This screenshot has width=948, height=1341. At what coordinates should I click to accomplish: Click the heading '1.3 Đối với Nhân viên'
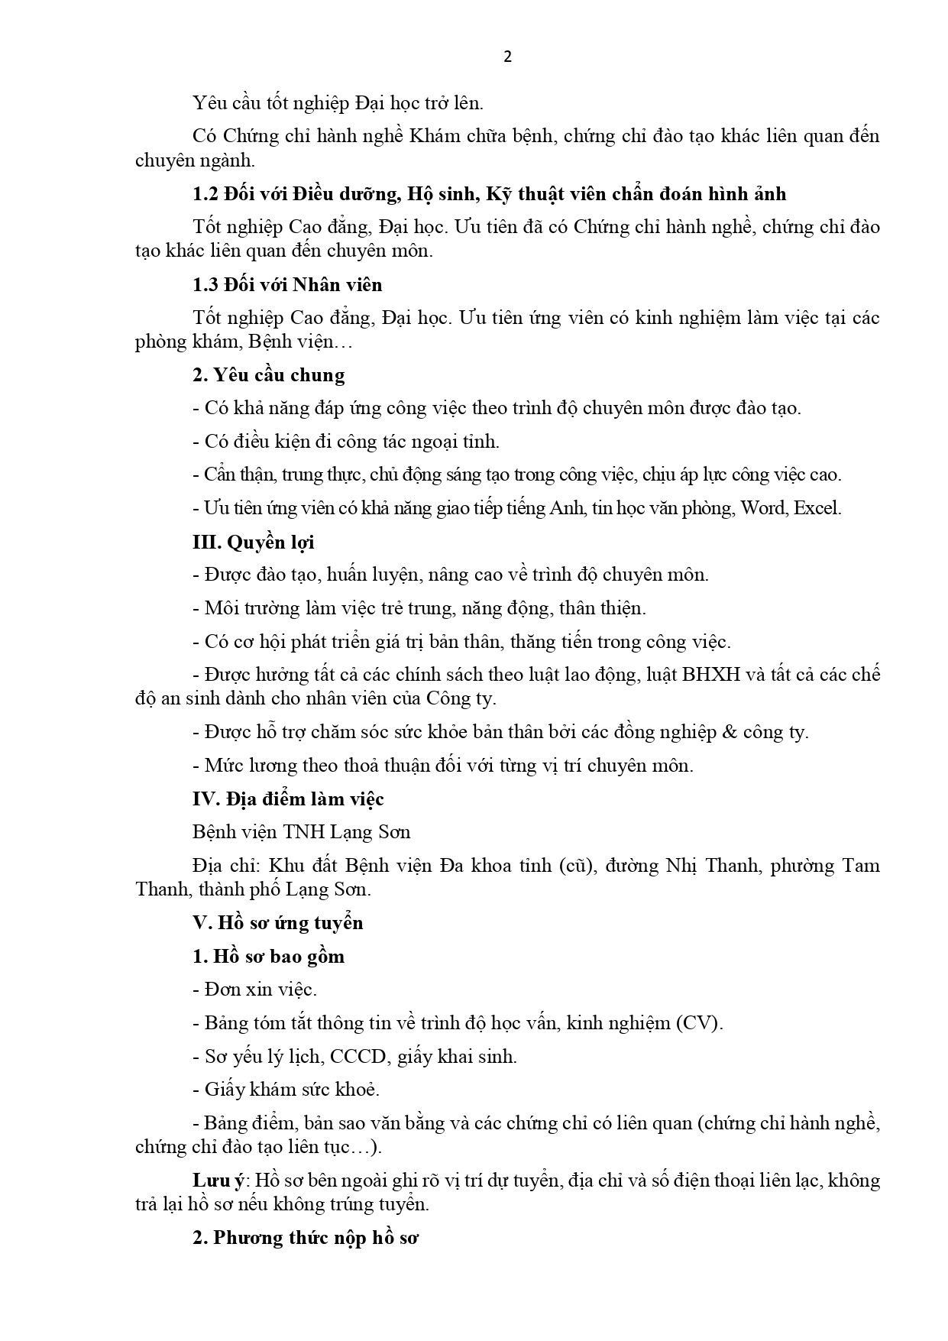(287, 285)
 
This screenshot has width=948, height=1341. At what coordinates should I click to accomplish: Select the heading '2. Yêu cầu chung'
(268, 375)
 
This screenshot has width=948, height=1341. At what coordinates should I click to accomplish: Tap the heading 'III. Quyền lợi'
(253, 543)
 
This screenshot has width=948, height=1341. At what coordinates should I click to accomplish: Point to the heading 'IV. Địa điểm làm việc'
(288, 799)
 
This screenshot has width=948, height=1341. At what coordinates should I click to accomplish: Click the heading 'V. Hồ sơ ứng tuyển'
(278, 923)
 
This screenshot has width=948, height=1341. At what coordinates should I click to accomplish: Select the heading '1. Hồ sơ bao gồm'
(268, 957)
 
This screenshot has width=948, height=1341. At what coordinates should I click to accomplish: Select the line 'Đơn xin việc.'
(254, 990)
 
